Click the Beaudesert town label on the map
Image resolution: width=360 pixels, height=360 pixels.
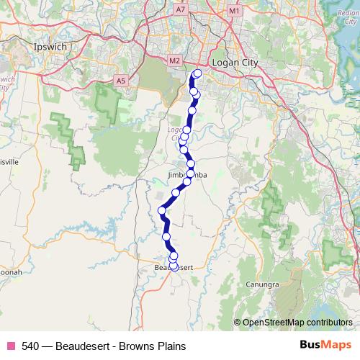click(173, 268)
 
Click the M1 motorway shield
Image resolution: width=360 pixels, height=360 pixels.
click(233, 12)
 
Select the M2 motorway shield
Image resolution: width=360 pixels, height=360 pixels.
click(174, 61)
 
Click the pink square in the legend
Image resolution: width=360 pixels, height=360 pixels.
click(10, 346)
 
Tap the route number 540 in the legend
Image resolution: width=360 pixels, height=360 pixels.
click(30, 346)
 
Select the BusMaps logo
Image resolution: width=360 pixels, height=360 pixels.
click(323, 346)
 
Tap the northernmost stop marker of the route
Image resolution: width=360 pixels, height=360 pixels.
click(198, 73)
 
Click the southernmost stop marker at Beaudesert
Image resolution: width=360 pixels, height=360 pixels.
click(174, 266)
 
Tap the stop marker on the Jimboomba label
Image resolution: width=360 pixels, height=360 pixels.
click(191, 174)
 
